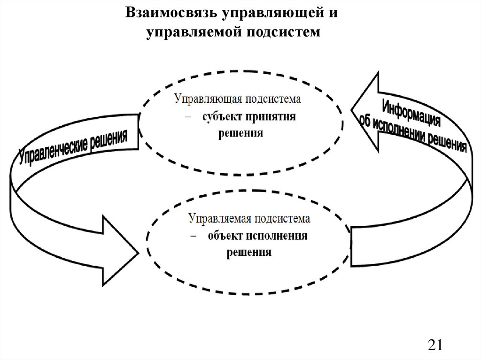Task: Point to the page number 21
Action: pos(435,345)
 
